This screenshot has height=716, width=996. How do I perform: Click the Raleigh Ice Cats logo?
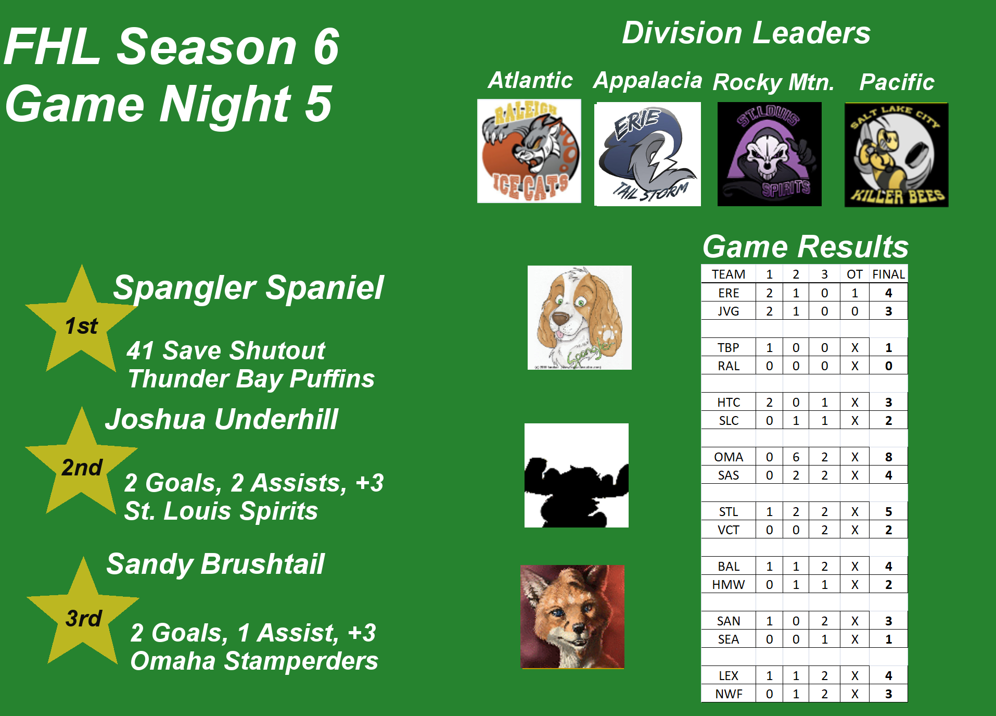(529, 150)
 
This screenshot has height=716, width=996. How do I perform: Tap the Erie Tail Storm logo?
(647, 154)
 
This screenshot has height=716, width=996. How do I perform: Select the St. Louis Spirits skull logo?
(769, 154)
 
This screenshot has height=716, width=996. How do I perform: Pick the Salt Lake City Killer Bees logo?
(896, 155)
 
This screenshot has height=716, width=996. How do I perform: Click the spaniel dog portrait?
(579, 317)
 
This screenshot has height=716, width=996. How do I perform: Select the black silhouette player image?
(576, 475)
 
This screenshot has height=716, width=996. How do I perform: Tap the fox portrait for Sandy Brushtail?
(572, 617)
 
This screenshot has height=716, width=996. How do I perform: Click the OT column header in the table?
(854, 274)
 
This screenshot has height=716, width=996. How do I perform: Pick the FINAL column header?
(888, 274)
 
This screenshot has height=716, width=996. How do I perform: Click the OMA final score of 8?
(888, 457)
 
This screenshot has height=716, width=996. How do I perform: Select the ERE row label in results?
(728, 293)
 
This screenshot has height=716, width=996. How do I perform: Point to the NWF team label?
(728, 694)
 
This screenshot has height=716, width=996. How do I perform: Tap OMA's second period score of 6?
(796, 457)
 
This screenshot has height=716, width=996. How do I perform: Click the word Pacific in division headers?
(897, 82)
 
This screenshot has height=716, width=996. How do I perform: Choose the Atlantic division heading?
(530, 80)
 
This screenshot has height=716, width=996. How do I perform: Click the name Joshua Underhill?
(222, 419)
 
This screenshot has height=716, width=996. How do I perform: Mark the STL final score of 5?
(888, 511)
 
